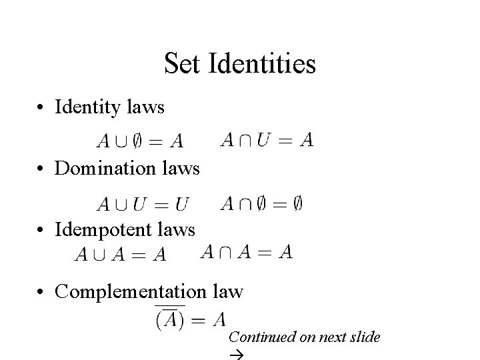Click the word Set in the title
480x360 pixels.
pyautogui.click(x=183, y=64)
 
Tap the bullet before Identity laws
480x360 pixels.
pyautogui.click(x=41, y=107)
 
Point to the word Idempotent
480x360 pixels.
pyautogui.click(x=106, y=230)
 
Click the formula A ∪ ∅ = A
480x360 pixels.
pyautogui.click(x=139, y=141)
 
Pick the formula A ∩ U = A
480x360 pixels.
pyautogui.click(x=266, y=139)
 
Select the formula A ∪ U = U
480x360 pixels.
pyautogui.click(x=143, y=203)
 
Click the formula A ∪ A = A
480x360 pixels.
pyautogui.click(x=121, y=254)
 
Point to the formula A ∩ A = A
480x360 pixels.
pyautogui.click(x=246, y=251)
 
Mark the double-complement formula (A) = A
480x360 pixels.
pyautogui.click(x=190, y=318)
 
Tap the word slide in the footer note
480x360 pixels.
pyautogui.click(x=366, y=337)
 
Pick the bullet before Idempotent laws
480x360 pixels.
pyautogui.click(x=41, y=231)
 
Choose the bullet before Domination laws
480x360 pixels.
pyautogui.click(x=41, y=169)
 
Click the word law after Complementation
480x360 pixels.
pyautogui.click(x=229, y=292)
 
